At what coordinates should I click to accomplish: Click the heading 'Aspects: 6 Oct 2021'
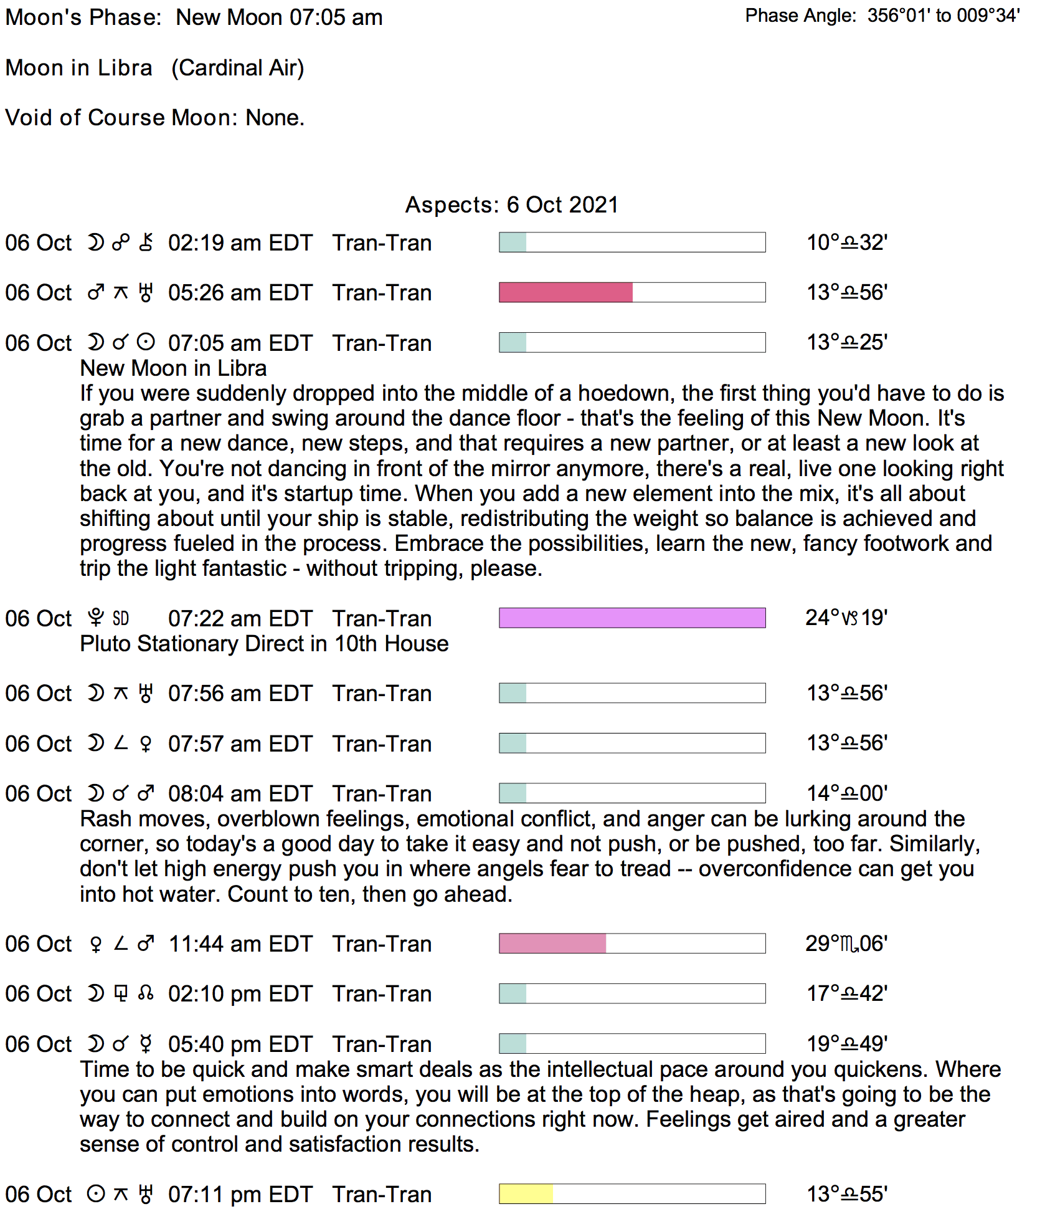tap(511, 205)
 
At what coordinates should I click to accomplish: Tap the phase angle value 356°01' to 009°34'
tap(944, 16)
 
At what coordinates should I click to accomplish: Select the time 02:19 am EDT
tap(240, 243)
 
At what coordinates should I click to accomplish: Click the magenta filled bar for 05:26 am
tap(565, 292)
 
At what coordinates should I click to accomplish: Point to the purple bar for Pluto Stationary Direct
tap(632, 618)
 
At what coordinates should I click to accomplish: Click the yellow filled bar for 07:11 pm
tap(526, 1194)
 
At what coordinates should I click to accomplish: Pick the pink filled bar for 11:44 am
tap(552, 944)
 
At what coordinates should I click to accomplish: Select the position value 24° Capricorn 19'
tap(846, 618)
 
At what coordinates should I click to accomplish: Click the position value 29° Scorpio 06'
tap(846, 944)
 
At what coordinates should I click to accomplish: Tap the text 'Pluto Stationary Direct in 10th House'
tap(264, 644)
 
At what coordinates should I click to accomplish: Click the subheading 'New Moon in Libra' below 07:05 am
tap(173, 368)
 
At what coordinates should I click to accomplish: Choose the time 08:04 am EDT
tap(240, 794)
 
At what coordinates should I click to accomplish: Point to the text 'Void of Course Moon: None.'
tap(154, 118)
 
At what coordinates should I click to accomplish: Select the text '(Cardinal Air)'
tap(238, 68)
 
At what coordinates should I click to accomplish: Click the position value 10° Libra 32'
tap(847, 242)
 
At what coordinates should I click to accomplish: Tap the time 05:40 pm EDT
tap(240, 1044)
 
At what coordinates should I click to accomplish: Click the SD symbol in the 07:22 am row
tap(121, 618)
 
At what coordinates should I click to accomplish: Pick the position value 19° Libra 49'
tap(847, 1044)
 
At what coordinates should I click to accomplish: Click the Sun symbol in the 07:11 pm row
tap(96, 1194)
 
